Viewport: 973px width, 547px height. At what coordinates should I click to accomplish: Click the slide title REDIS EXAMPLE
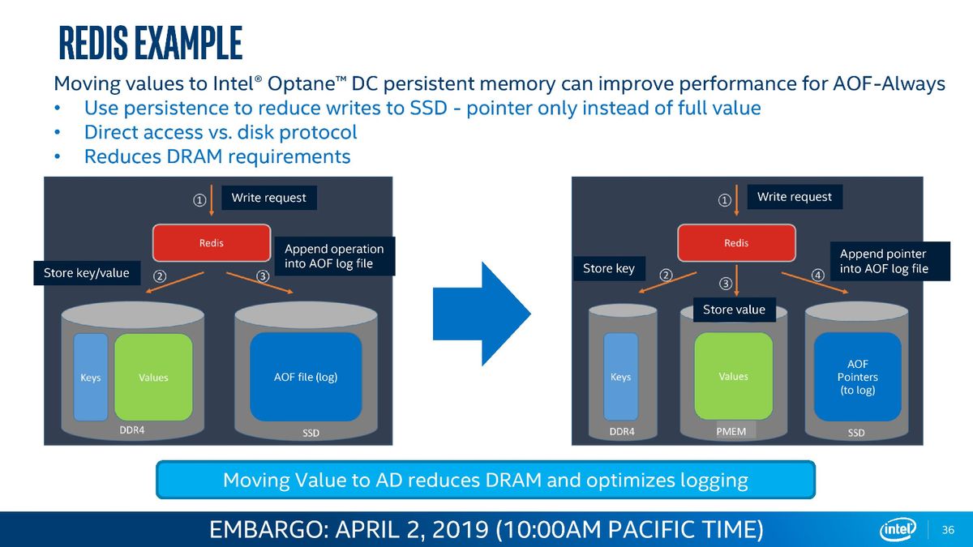150,42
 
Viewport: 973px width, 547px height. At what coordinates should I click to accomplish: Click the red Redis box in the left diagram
212,242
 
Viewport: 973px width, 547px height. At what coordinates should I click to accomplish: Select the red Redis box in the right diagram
737,242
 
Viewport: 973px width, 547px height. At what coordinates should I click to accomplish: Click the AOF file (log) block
306,377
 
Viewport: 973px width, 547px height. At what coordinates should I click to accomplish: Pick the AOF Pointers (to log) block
858,377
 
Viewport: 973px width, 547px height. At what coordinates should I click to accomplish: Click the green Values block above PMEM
734,376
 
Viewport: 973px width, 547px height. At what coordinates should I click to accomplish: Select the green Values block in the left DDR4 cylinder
153,377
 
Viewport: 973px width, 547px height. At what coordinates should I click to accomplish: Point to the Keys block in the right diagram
621,377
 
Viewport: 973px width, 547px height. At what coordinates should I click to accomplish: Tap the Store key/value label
87,272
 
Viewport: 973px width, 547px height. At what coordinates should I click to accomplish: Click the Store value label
734,310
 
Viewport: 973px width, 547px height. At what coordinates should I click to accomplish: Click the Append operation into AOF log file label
334,256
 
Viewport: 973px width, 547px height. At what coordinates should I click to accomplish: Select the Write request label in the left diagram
269,198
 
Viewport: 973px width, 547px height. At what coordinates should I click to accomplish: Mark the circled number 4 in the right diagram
818,275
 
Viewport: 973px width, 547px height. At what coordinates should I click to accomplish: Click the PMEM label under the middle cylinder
731,431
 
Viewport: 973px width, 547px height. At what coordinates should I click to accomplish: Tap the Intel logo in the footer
898,529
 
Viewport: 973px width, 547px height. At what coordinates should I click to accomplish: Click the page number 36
948,530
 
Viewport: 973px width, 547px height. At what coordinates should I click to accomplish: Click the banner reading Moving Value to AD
486,480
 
